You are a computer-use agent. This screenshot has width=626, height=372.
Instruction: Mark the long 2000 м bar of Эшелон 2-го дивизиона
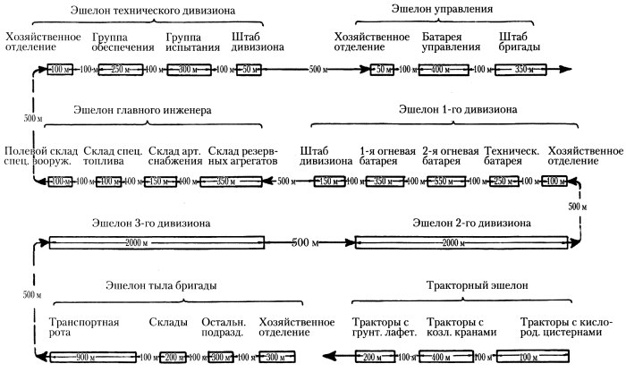[461, 242]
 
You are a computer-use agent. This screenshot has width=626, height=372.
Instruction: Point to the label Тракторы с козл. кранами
[460, 327]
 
